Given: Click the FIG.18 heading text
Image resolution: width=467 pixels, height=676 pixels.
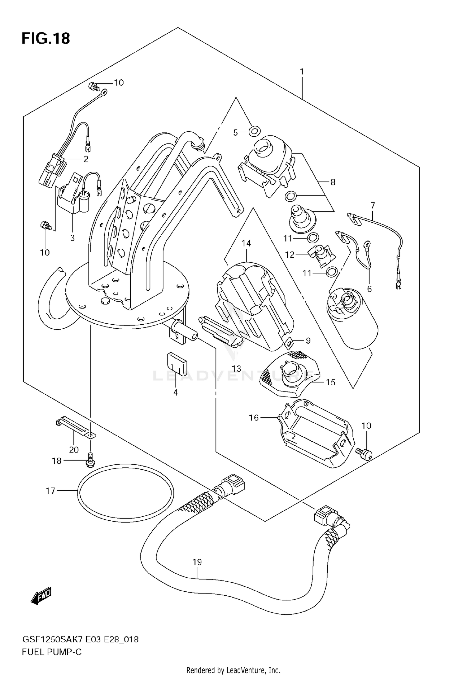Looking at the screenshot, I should [46, 39].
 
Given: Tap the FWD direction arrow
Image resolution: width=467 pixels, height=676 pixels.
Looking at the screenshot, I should [41, 596].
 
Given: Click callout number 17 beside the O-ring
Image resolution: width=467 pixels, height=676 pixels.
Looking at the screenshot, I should [50, 491].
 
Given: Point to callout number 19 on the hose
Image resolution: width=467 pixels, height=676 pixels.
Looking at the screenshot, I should [197, 562].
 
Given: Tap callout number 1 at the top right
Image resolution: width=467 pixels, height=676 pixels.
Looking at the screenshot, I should [302, 72].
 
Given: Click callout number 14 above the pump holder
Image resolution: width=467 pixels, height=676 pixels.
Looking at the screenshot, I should [246, 243].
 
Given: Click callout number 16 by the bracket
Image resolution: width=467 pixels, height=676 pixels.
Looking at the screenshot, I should [254, 417].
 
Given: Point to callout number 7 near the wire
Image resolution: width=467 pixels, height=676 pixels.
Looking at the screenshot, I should [373, 205].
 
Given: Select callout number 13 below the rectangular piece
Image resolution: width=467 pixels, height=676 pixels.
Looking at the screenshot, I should [237, 369].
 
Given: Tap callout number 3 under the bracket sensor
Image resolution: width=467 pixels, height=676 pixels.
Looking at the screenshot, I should [72, 238].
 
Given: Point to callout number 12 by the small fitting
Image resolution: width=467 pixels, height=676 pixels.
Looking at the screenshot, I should [290, 255].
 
